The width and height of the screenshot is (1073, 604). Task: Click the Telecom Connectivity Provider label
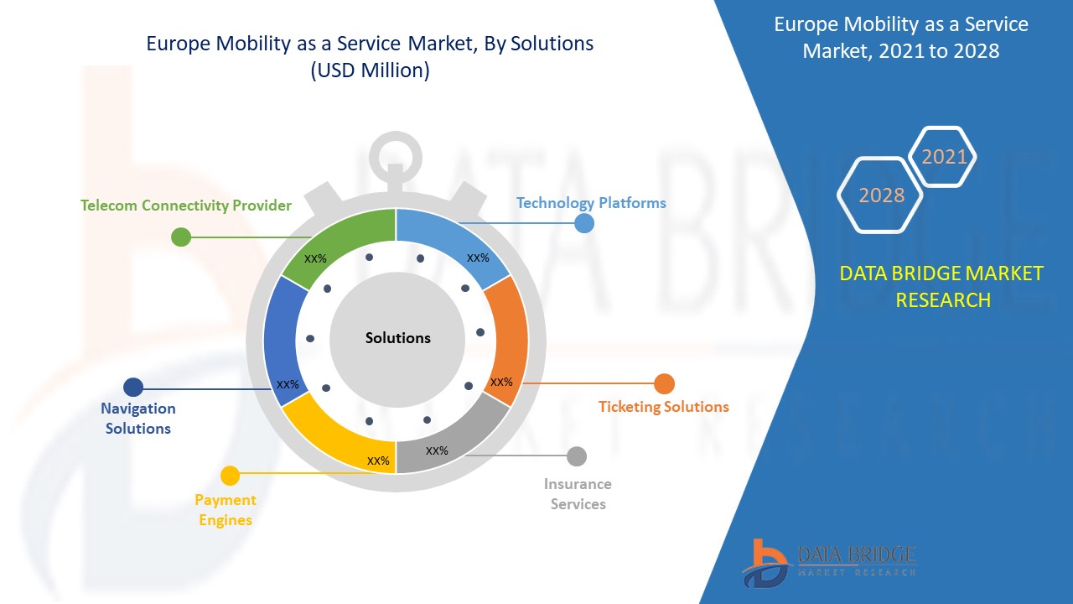[x=186, y=206]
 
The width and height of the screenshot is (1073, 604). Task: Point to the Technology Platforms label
[x=591, y=203]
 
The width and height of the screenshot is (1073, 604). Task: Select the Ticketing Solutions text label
[x=663, y=407]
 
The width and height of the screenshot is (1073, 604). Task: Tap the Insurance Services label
[x=578, y=494]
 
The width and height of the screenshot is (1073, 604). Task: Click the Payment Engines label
[x=225, y=509]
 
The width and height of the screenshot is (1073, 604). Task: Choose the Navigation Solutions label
[x=138, y=418]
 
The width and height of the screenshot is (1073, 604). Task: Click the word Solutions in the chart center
[x=397, y=338]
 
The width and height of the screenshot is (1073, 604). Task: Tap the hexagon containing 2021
[x=944, y=157]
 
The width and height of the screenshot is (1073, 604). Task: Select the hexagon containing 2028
[x=881, y=195]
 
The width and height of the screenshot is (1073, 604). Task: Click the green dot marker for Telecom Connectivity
[x=181, y=237]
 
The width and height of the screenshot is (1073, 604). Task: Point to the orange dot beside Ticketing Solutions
[x=664, y=384]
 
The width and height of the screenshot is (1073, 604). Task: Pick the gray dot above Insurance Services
[x=577, y=456]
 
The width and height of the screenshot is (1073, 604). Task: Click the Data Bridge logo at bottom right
[x=827, y=560]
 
